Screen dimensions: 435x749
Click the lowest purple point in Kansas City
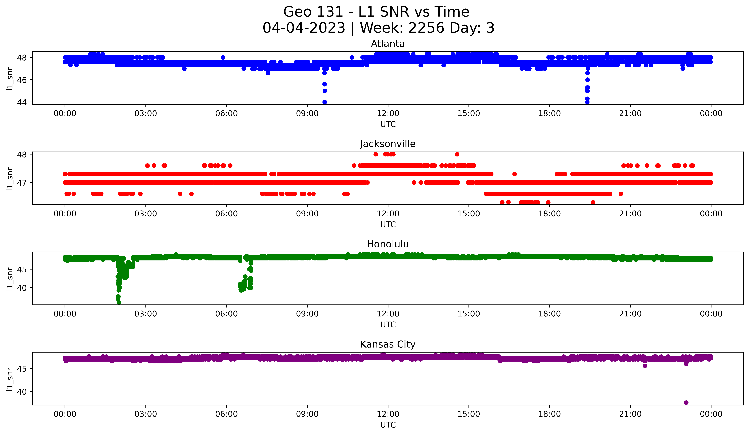click(x=686, y=403)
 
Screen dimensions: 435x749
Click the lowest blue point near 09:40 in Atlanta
click(x=325, y=102)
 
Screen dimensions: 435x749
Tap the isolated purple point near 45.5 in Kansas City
click(x=645, y=366)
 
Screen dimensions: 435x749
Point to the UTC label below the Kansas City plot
click(x=388, y=425)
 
